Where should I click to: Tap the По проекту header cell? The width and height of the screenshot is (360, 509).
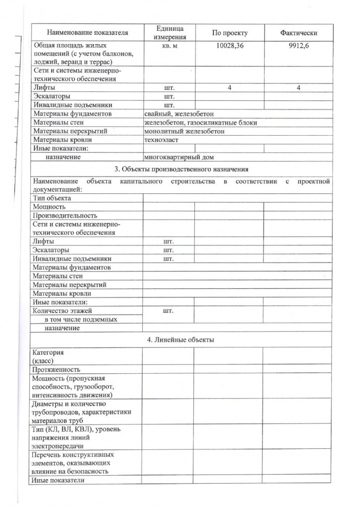point(229,33)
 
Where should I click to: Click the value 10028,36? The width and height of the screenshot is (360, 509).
point(229,44)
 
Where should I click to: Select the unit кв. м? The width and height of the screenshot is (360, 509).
point(169,44)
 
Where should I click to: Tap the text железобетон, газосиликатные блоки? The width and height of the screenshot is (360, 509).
point(201,122)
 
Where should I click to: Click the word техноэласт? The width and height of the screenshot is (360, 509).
point(161,140)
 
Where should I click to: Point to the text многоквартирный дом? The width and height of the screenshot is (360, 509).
point(179,158)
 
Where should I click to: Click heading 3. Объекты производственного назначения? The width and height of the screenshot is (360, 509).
point(181,170)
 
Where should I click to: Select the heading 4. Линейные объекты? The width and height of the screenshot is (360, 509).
point(181,340)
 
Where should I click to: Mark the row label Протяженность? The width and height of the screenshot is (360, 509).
point(56,369)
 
